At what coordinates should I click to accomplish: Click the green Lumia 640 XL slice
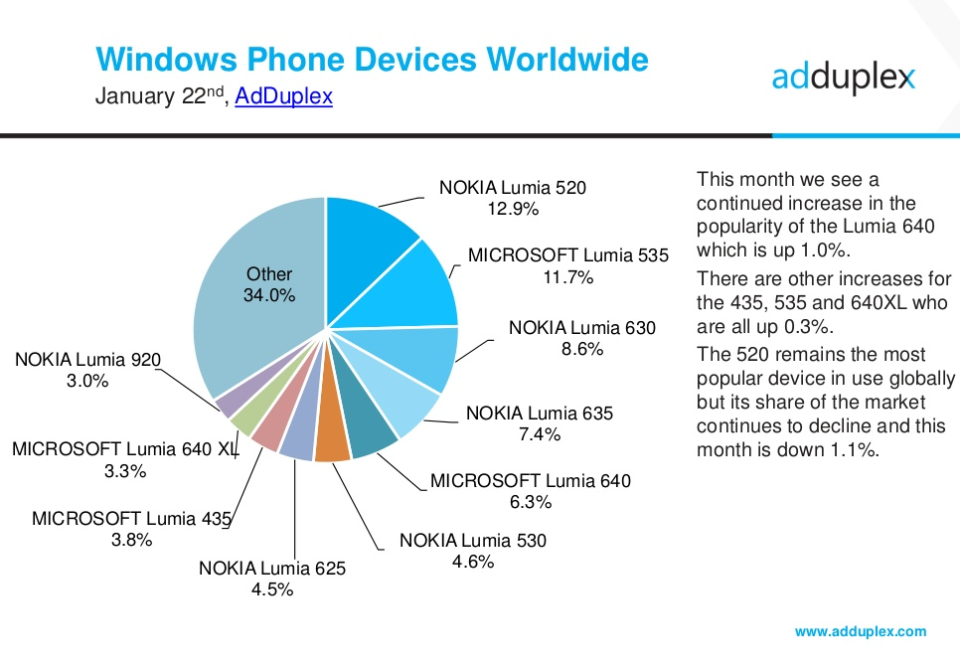(244, 418)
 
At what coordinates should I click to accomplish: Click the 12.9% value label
(513, 209)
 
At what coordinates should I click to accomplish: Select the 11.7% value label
(568, 277)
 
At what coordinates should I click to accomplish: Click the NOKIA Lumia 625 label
(272, 569)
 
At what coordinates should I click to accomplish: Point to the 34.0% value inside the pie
(269, 295)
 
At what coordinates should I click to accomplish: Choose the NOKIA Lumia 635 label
(540, 413)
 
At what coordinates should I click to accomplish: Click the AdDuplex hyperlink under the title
(284, 97)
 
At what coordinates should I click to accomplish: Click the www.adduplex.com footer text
(861, 631)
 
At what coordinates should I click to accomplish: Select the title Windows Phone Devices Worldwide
(372, 59)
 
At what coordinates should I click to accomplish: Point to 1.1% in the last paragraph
(854, 449)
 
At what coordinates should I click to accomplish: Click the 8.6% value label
(582, 349)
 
